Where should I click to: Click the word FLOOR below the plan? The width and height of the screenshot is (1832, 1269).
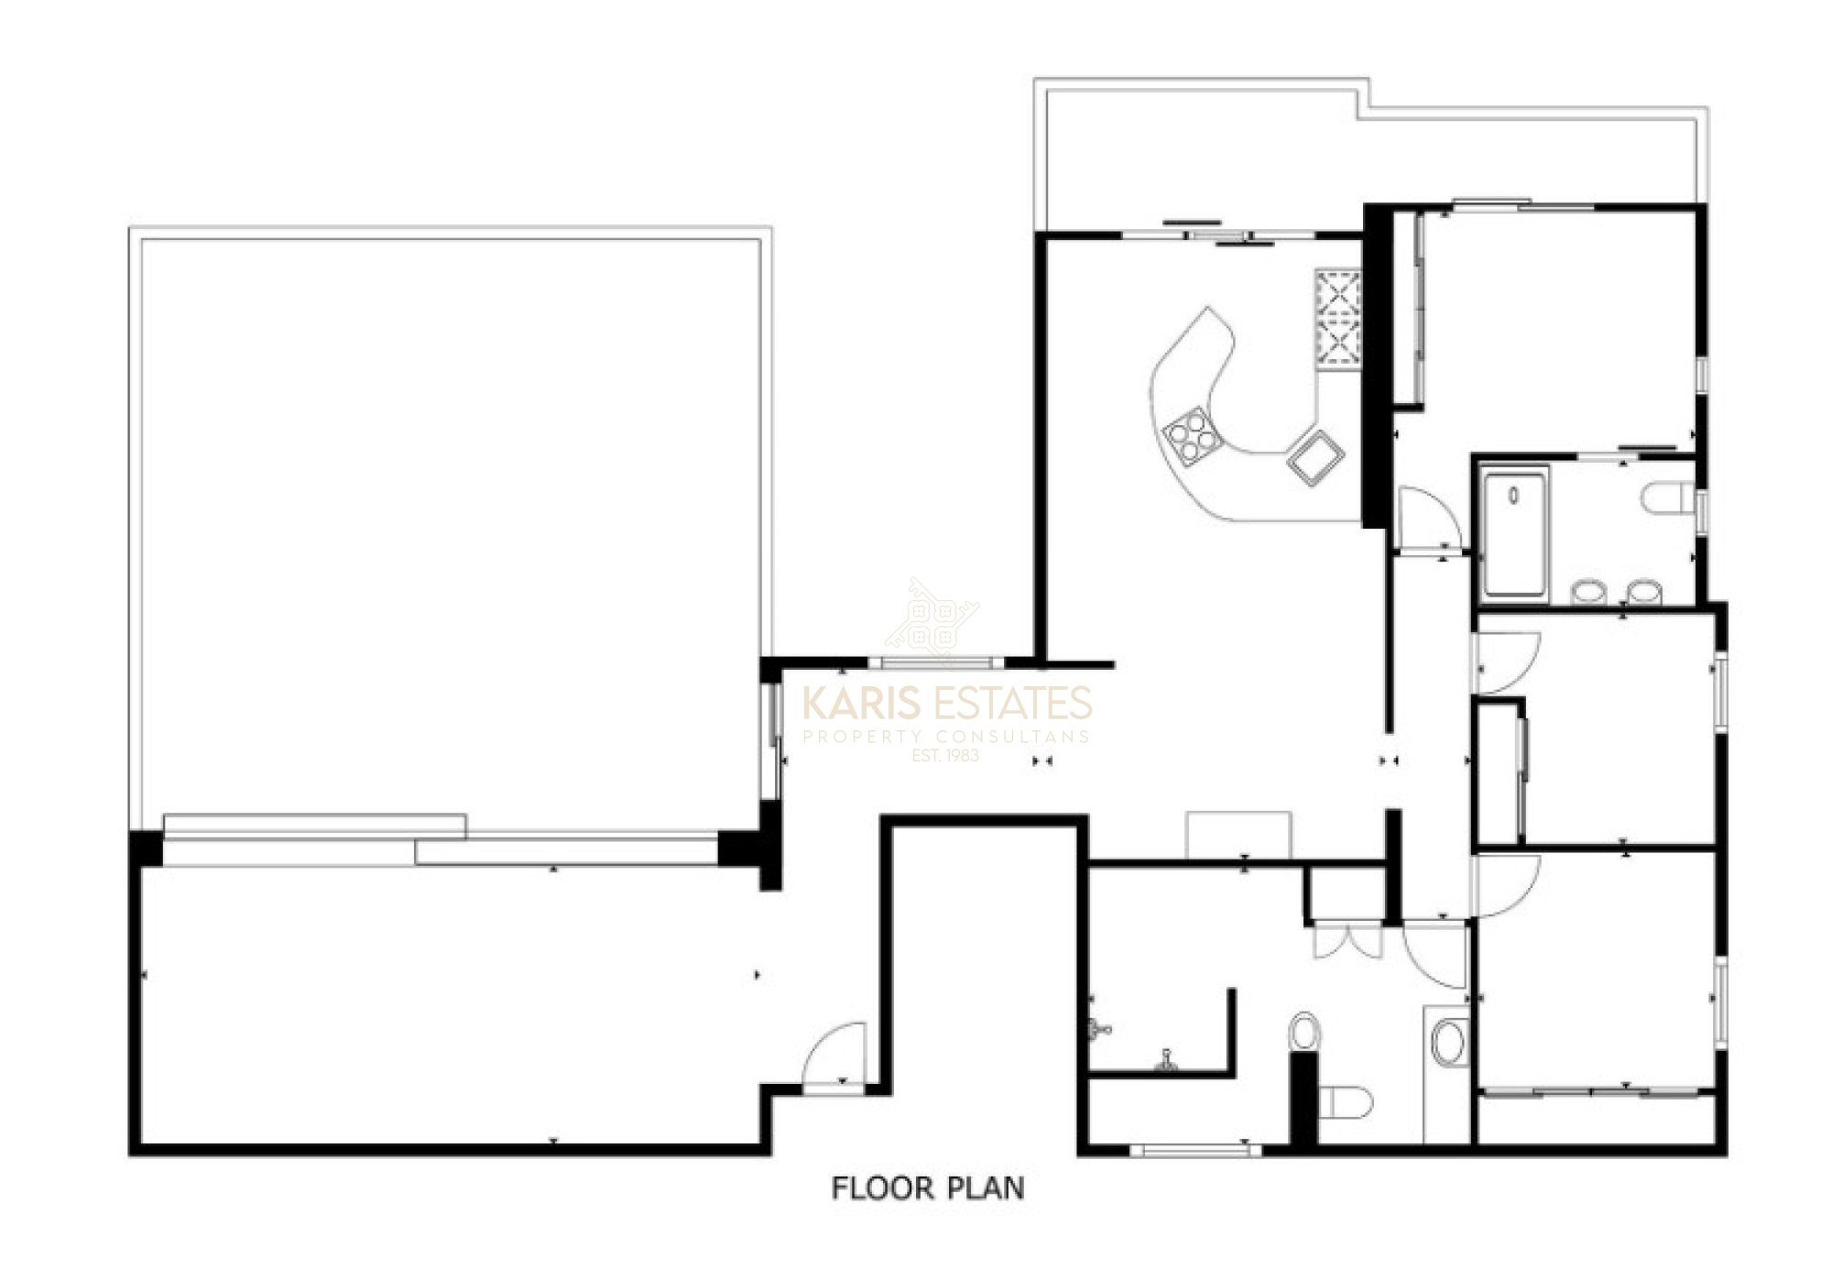881,1188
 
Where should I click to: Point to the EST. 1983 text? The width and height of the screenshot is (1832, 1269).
946,756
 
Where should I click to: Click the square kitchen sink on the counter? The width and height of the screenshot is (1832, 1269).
1316,455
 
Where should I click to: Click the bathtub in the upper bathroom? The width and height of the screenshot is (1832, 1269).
1515,531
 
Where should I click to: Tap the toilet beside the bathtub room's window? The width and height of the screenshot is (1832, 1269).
1669,499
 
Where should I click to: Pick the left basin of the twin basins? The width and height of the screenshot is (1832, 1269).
1589,592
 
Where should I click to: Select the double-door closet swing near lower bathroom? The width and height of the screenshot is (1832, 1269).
1347,939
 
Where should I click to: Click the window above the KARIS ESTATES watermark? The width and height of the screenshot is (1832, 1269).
936,662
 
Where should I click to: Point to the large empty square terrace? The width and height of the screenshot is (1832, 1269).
451,531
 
